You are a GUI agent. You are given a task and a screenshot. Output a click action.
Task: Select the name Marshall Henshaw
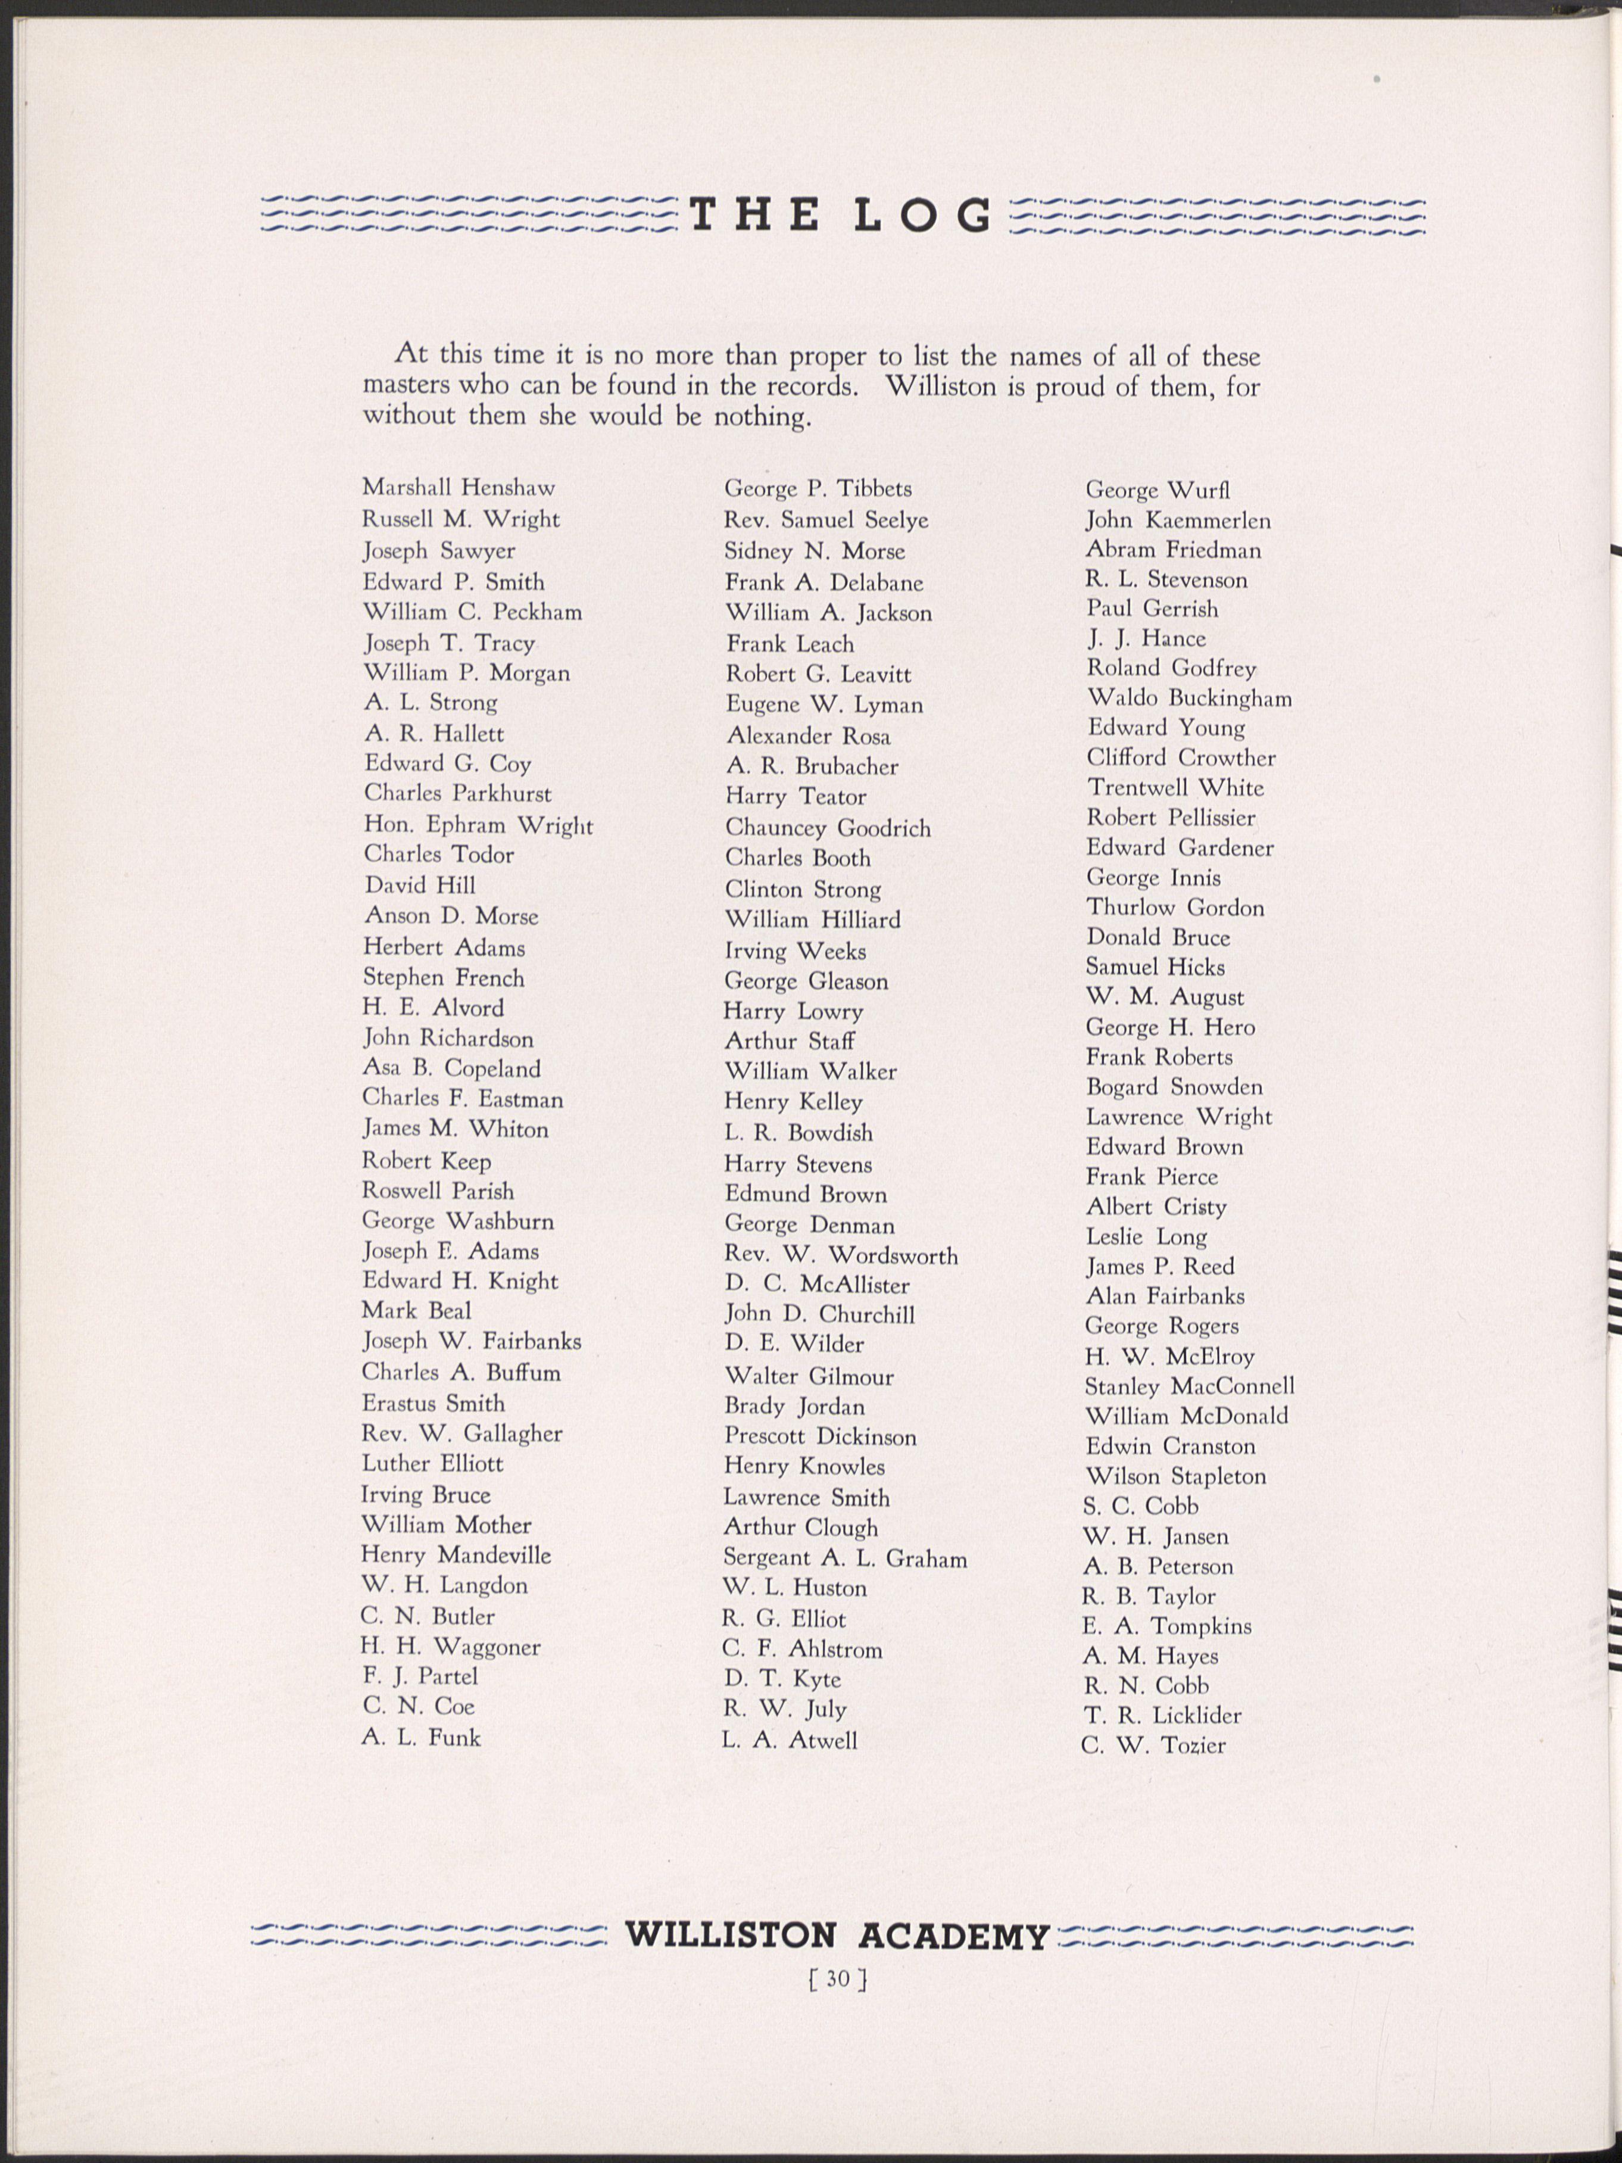[458, 487]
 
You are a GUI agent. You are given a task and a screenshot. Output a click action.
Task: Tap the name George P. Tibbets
[818, 488]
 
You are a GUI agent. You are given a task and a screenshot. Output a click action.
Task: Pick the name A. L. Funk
[422, 1738]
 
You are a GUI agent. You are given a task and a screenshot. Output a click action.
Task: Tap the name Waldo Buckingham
[1189, 698]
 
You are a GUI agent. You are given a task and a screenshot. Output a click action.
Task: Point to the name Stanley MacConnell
[1189, 1386]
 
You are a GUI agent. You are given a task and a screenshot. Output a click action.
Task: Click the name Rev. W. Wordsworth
[841, 1255]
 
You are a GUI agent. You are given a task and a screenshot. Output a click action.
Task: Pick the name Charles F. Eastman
[463, 1099]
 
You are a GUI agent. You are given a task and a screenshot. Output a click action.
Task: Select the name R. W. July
[784, 1709]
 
